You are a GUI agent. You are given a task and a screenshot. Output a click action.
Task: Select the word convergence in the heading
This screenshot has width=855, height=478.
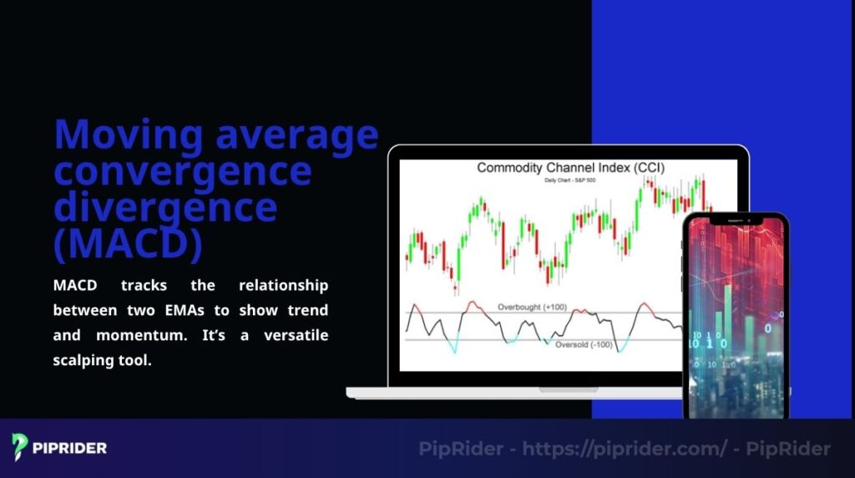[x=182, y=171]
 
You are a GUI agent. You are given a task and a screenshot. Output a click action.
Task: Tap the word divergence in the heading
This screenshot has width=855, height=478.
[x=164, y=206]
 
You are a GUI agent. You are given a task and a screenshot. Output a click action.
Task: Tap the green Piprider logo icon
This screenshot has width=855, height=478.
[x=20, y=446]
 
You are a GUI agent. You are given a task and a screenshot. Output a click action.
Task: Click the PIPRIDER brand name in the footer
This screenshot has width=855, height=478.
[x=70, y=448]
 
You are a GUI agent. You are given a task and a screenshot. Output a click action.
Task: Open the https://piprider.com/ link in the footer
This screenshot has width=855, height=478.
[x=625, y=449]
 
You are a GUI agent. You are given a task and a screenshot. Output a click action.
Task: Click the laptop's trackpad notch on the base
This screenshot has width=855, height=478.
[x=568, y=389]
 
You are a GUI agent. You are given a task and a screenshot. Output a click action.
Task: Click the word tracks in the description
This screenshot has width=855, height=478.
[x=144, y=286]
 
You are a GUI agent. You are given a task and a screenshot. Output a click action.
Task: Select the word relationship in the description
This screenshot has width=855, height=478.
[x=283, y=286]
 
